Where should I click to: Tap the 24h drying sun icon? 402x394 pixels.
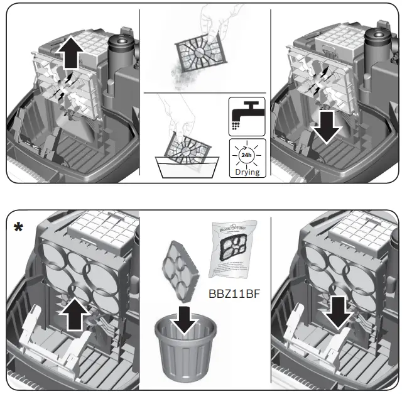[246, 153]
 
